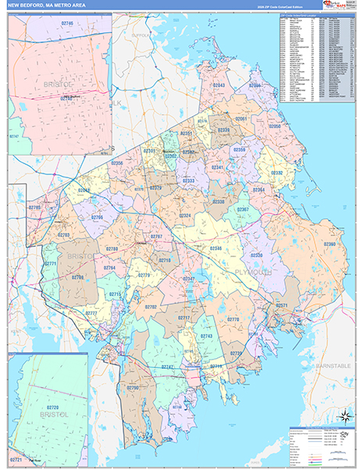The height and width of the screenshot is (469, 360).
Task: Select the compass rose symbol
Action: point(344,416)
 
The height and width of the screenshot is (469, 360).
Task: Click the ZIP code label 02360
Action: point(330,244)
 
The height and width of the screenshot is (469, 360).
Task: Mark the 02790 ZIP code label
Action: point(132,388)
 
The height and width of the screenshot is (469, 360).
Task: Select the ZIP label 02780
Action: point(112,249)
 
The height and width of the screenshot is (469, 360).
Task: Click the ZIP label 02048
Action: point(84,190)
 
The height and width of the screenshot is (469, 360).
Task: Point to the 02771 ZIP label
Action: point(51,263)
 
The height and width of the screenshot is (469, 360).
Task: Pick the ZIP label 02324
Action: point(184,215)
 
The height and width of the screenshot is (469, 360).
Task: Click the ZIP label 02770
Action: point(232,320)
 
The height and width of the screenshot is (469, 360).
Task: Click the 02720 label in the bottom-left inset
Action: point(52,407)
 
